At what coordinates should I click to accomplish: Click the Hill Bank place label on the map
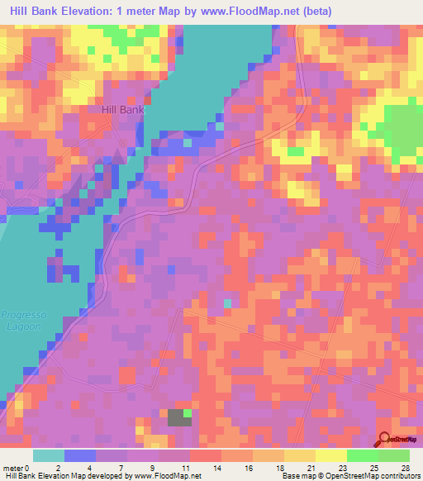click(x=121, y=109)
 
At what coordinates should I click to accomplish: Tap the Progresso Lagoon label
click(x=23, y=320)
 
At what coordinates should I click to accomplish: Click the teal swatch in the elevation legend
click(x=48, y=455)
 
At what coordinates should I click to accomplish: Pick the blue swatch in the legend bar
click(x=79, y=455)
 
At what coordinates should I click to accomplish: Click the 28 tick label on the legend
click(x=405, y=468)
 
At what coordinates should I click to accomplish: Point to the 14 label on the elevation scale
click(x=216, y=468)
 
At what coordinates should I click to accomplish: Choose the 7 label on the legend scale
click(x=121, y=468)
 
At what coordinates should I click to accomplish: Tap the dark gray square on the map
click(x=176, y=417)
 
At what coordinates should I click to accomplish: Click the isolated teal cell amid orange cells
click(x=228, y=304)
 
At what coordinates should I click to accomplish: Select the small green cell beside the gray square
click(x=188, y=412)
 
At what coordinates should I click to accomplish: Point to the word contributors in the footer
click(x=397, y=476)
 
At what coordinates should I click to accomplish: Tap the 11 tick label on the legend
click(x=185, y=468)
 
